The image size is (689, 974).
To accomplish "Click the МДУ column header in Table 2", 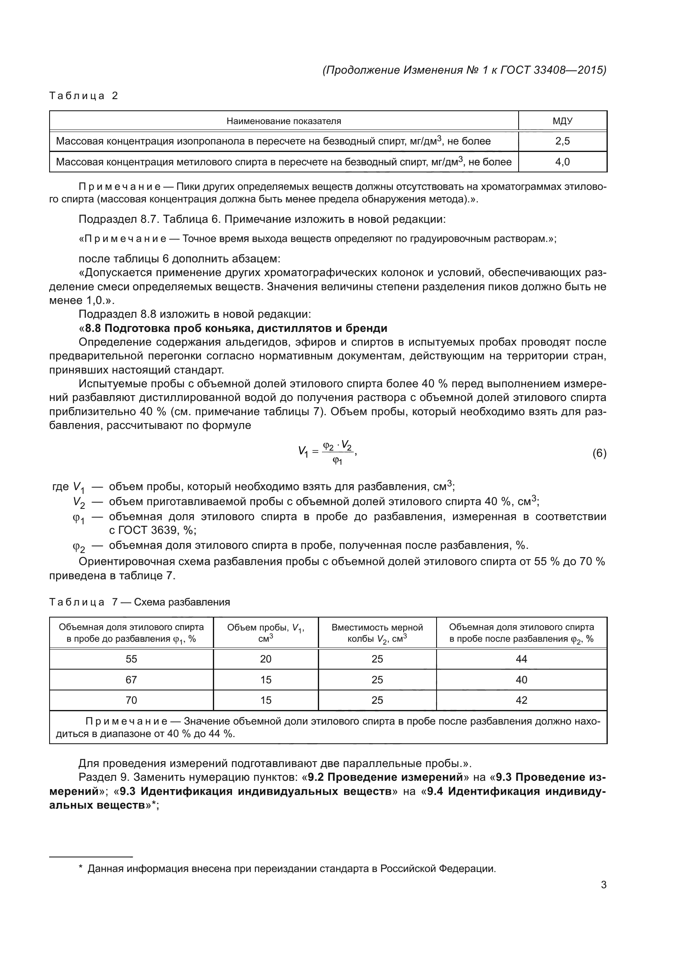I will (x=562, y=121).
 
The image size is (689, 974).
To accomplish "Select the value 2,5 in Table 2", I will (x=562, y=141).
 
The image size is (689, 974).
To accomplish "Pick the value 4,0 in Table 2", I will (x=562, y=162).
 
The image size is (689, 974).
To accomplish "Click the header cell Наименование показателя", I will (x=283, y=121).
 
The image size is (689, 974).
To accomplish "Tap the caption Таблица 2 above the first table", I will (x=84, y=95).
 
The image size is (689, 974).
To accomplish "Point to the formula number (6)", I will (x=599, y=453).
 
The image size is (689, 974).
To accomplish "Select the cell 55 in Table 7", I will (x=131, y=659).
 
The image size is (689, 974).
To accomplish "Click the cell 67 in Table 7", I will (x=131, y=680).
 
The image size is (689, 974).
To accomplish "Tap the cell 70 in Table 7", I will (x=131, y=700).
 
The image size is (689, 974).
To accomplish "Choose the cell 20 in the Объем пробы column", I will (x=266, y=659).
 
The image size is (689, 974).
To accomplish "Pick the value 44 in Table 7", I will (x=521, y=659).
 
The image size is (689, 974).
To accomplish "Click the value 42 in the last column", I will (x=521, y=700).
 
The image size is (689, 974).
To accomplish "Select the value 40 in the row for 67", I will (x=521, y=680).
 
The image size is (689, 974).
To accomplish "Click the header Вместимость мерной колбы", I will (x=377, y=633).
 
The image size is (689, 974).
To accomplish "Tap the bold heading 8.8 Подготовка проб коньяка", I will (x=236, y=328).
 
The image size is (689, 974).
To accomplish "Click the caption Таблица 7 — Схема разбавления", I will (x=140, y=602).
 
